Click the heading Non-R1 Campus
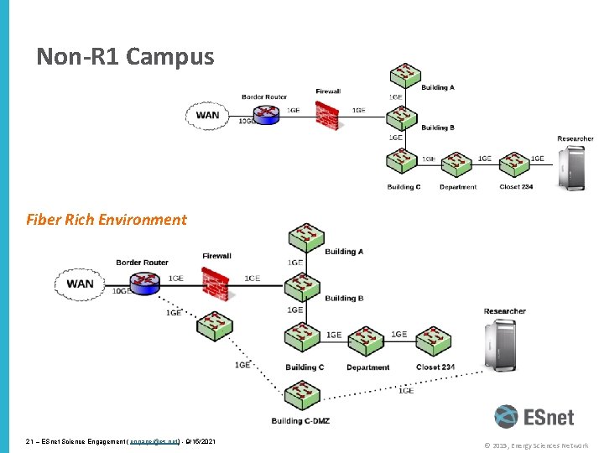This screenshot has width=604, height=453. (x=125, y=57)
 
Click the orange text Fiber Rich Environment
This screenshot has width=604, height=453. (x=107, y=220)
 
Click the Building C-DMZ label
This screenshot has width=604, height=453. (x=300, y=420)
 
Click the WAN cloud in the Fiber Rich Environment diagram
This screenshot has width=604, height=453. (x=80, y=284)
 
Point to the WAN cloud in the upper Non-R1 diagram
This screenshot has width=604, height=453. (x=207, y=115)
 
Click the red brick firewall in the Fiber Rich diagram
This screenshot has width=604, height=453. (x=216, y=284)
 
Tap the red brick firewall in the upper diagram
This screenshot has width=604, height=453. (x=327, y=115)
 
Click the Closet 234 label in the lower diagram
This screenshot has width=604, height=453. (x=435, y=367)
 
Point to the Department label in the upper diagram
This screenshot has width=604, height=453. (x=457, y=187)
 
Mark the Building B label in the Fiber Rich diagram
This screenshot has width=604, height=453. (x=344, y=298)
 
